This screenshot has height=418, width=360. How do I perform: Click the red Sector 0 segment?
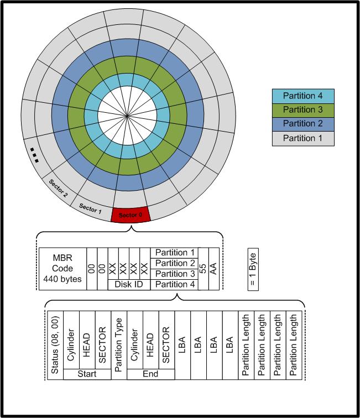pos(130,215)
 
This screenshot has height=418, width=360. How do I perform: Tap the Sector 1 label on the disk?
pos(91,207)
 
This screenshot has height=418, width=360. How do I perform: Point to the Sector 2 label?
pos(58,189)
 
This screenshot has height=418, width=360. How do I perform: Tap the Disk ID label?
pos(129,284)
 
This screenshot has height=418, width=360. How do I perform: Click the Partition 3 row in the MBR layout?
pos(174,274)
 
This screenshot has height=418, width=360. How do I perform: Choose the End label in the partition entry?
pos(150,374)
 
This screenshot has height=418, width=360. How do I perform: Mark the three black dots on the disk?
pos(34,154)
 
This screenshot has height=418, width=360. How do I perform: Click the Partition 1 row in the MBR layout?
pos(174,253)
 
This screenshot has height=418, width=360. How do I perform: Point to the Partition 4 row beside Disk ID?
pos(174,284)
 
